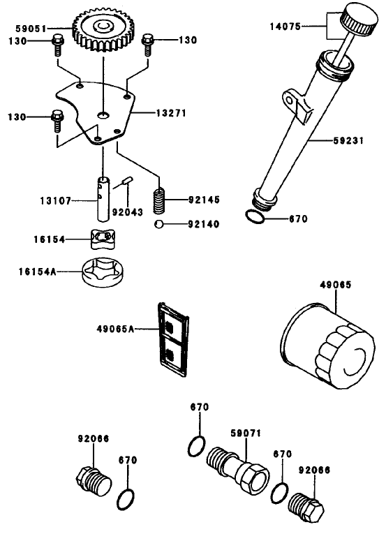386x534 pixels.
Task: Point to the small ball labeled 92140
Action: click(x=160, y=225)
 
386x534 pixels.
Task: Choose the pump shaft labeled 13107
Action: click(x=103, y=198)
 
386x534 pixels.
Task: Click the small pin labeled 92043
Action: click(x=126, y=182)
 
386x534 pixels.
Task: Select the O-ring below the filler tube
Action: click(x=255, y=217)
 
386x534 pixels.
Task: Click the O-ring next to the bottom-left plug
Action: click(x=127, y=498)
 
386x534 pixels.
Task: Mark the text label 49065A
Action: click(x=116, y=328)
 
